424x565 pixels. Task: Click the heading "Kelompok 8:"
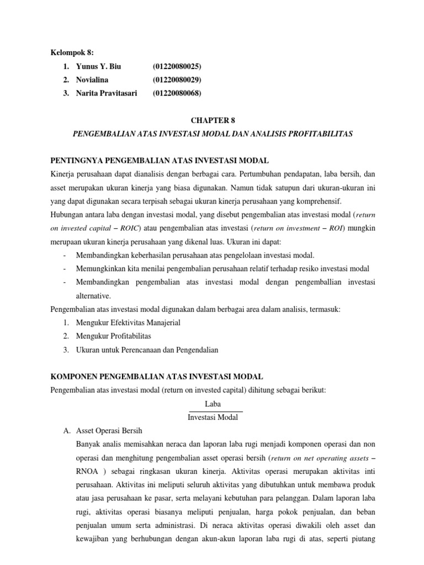pyautogui.click(x=72, y=52)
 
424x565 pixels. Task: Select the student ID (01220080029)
pyautogui.click(x=177, y=79)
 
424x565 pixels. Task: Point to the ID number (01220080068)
pyautogui.click(x=177, y=93)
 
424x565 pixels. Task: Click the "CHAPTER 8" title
pyautogui.click(x=212, y=120)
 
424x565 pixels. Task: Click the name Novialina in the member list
pyautogui.click(x=95, y=79)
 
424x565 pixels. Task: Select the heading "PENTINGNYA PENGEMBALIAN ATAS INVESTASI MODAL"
pyautogui.click(x=160, y=160)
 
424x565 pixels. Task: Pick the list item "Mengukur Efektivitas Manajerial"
pyautogui.click(x=128, y=322)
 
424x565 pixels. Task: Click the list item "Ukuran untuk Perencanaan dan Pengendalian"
pyautogui.click(x=147, y=349)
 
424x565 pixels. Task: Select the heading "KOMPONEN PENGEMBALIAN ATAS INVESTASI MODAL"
pyautogui.click(x=157, y=376)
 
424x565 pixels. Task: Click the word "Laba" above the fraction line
pyautogui.click(x=213, y=404)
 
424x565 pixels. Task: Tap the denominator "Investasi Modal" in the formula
pyautogui.click(x=213, y=418)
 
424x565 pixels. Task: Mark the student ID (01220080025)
pyautogui.click(x=177, y=66)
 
